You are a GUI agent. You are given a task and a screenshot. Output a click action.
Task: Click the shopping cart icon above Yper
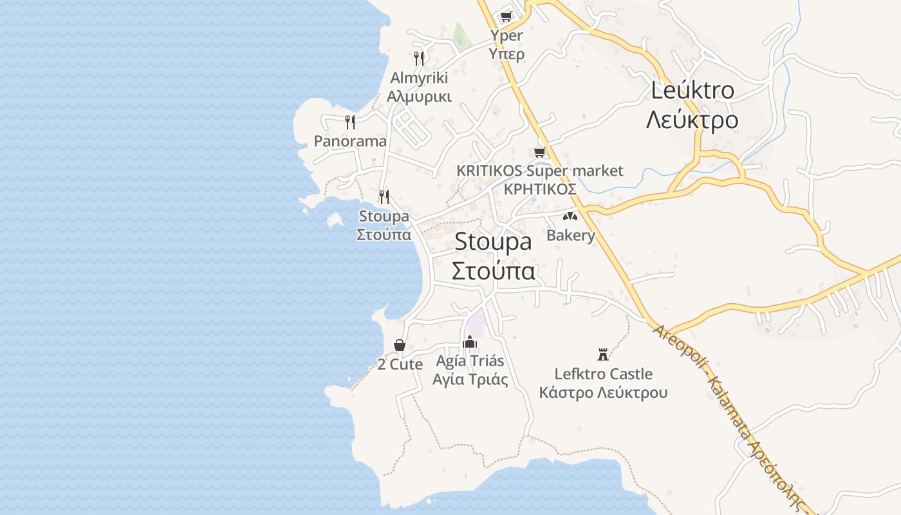[x=506, y=16]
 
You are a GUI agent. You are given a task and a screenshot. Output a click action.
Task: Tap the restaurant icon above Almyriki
[x=419, y=59]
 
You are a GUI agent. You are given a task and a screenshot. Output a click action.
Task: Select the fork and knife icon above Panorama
[x=350, y=122]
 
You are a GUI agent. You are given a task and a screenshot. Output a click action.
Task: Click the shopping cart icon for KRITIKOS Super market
[x=539, y=152]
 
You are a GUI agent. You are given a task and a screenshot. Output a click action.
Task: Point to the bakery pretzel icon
[x=570, y=216]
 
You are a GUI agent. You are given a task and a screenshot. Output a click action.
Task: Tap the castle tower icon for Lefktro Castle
[x=603, y=354]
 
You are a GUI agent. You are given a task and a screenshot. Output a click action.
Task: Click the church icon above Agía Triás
[x=469, y=341]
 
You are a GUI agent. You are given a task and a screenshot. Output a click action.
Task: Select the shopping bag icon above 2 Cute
[x=400, y=345]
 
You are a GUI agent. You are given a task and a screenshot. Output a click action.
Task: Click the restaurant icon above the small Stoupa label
[x=384, y=196]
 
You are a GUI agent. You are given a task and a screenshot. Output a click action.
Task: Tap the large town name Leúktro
[x=692, y=91]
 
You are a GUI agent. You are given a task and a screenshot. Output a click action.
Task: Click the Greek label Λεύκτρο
[x=692, y=120]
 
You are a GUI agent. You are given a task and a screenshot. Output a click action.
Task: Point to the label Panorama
[x=350, y=141]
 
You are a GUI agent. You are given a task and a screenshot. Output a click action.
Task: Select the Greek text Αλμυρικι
[x=419, y=97]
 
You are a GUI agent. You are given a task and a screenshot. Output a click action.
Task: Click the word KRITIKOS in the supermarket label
[x=489, y=171]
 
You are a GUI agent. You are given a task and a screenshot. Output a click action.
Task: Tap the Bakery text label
[x=571, y=235]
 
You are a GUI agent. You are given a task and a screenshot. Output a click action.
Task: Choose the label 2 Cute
[x=400, y=364]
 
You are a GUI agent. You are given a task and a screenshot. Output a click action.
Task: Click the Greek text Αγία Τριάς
[x=470, y=380]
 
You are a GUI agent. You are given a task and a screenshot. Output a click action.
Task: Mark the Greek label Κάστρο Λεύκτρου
[x=603, y=393]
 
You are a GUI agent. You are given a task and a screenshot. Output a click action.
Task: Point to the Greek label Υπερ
[x=506, y=54]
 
